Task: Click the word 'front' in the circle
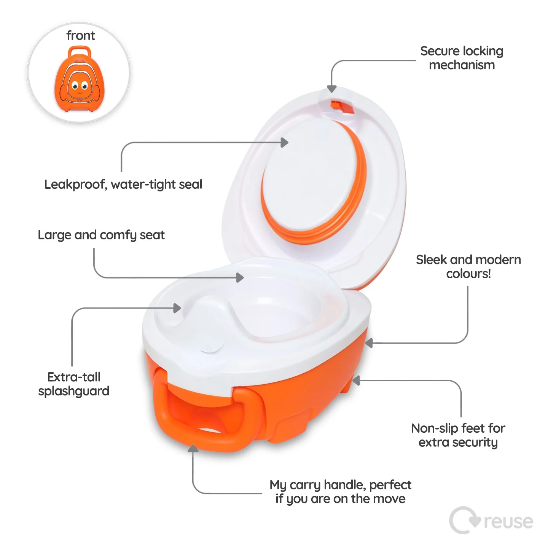tap(80, 35)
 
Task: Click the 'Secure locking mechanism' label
tap(462, 58)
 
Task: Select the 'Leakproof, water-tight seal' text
tap(123, 185)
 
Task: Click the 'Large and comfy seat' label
tap(101, 235)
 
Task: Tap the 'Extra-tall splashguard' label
tap(74, 384)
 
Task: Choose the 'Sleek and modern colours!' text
tap(468, 266)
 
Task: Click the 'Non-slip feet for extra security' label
tap(458, 435)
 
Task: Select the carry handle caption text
tap(341, 492)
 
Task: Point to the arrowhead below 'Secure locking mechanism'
tap(332, 89)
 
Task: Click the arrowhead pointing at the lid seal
tap(284, 143)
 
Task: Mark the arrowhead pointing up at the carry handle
tap(193, 449)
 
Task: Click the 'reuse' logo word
tap(508, 521)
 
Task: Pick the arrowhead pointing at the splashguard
tap(177, 308)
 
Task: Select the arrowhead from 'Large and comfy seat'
tap(240, 278)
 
